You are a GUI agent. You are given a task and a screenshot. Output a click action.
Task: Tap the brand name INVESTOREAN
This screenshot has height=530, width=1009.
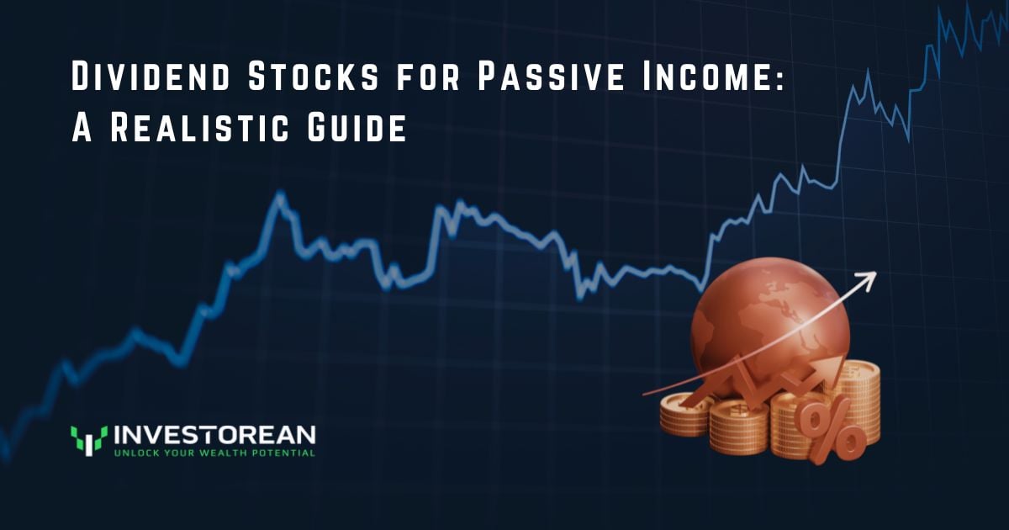214,435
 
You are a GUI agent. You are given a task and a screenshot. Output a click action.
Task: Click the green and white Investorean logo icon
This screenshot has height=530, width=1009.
88,439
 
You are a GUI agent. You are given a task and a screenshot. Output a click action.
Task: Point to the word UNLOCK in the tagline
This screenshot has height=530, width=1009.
135,453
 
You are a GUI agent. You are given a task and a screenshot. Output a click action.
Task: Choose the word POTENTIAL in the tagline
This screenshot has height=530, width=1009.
283,453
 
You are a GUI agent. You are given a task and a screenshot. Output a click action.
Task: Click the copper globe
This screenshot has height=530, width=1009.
769,320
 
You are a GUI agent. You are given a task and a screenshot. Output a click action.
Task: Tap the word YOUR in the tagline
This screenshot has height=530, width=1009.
180,453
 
